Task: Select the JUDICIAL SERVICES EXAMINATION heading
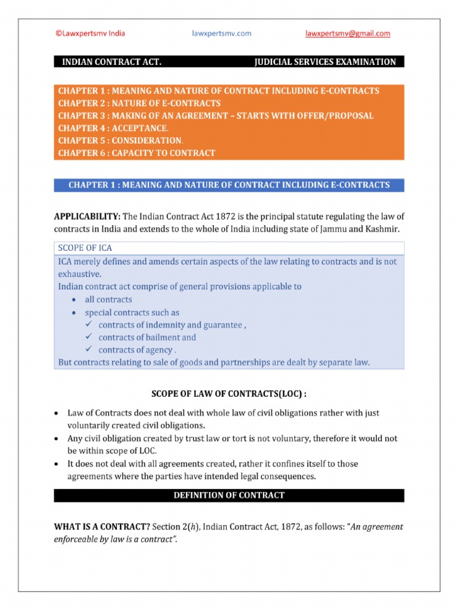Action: (x=325, y=62)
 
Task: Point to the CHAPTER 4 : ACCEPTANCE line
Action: (x=113, y=128)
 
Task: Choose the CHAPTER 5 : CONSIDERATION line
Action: (x=120, y=141)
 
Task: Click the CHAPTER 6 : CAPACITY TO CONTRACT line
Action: (x=137, y=153)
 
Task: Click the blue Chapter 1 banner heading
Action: (x=229, y=185)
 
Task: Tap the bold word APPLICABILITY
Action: (x=87, y=216)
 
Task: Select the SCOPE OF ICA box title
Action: (x=85, y=248)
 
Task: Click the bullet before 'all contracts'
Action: (x=73, y=300)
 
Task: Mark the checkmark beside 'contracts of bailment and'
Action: (x=88, y=337)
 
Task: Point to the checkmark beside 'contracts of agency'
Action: (x=88, y=350)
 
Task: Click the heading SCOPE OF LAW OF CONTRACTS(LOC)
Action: (x=229, y=394)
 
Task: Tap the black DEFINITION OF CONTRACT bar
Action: (x=229, y=496)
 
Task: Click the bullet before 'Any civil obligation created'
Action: (x=56, y=438)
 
